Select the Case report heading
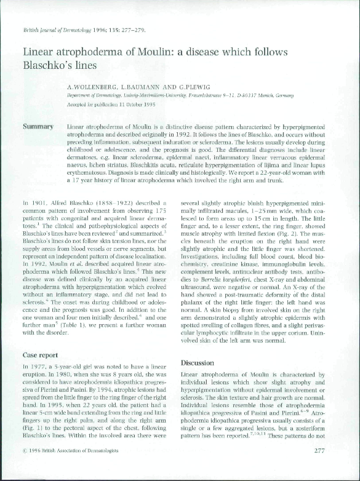click(x=41, y=355)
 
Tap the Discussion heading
click(x=198, y=363)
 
